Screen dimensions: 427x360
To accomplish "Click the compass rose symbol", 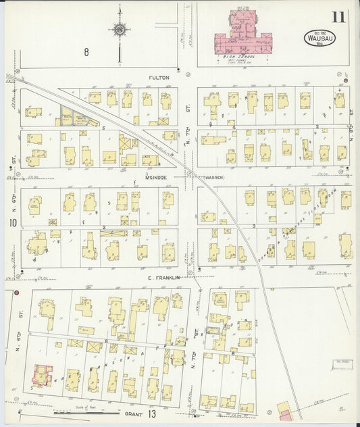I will (119, 30).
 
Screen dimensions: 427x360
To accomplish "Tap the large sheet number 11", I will (338, 17).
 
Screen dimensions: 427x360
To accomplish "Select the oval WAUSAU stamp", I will (311, 38).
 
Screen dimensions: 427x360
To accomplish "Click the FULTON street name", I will (159, 78).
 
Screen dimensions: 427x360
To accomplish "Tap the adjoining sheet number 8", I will (86, 51).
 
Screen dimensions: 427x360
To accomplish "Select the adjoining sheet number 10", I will (12, 222).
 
